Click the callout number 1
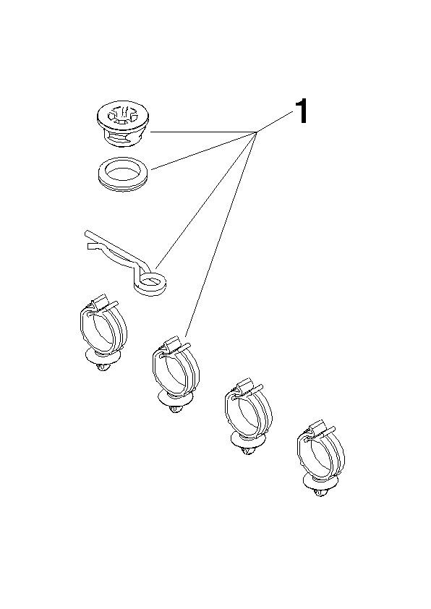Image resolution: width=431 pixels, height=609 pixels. (x=302, y=111)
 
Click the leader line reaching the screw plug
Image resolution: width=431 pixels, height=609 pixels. (x=204, y=132)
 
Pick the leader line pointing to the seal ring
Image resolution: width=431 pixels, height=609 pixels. (x=204, y=150)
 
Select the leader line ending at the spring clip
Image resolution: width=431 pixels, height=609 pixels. (x=206, y=201)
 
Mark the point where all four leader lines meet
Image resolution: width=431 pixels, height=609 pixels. (x=257, y=133)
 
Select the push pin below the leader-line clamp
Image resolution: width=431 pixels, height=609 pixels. (x=175, y=403)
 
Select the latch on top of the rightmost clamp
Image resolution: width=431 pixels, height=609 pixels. (x=318, y=428)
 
